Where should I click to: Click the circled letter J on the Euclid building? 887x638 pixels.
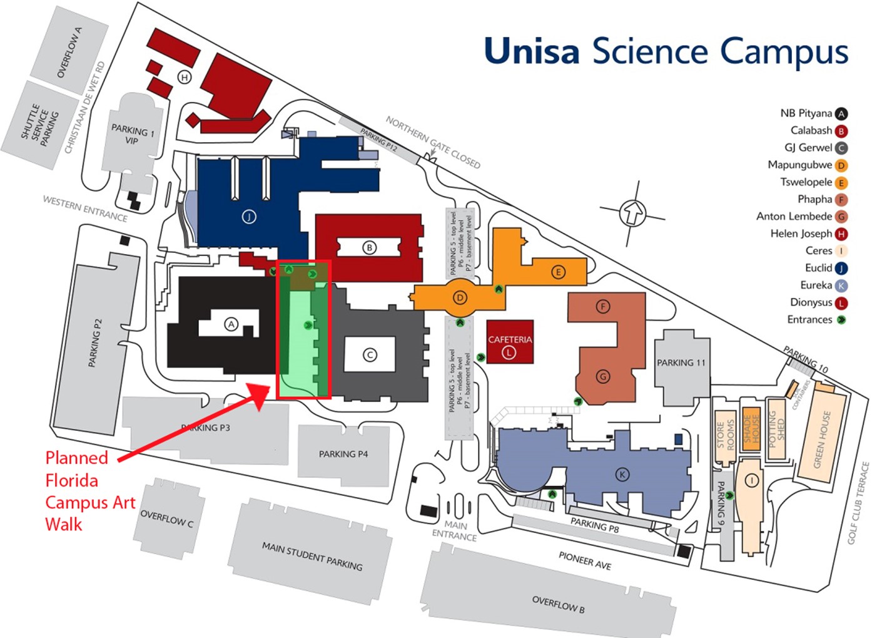[x=249, y=217]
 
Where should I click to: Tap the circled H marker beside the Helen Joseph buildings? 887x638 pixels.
[x=184, y=77]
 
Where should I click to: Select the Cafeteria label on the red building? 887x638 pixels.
[x=510, y=339]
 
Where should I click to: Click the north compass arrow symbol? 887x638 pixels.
[x=633, y=213]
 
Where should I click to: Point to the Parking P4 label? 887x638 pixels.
[x=343, y=454]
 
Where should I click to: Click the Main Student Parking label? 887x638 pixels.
[x=312, y=556]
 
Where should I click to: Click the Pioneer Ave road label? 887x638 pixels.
[x=584, y=560]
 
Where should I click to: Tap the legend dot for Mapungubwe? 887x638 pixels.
[x=841, y=166]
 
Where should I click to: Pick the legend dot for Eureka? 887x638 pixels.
[x=841, y=286]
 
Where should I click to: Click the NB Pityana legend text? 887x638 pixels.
[x=806, y=113]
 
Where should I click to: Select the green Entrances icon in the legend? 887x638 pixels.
[x=841, y=320]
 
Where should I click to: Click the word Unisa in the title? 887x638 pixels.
[x=532, y=51]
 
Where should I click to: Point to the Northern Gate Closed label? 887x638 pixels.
[x=433, y=142]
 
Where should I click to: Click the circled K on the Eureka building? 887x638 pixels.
[x=622, y=475]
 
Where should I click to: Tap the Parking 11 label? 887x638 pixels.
[x=681, y=363]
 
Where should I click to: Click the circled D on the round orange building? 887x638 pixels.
[x=460, y=297]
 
